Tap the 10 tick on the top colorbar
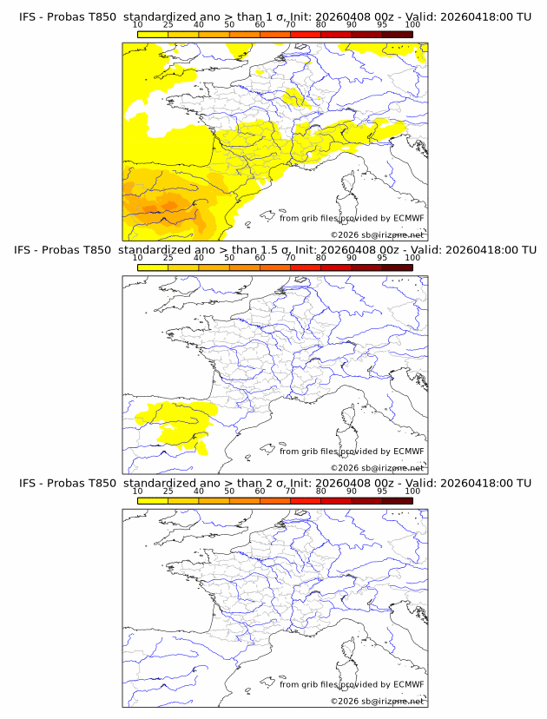coord(138,24)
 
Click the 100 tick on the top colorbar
coord(412,24)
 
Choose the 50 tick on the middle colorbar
coord(229,258)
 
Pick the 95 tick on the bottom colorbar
coord(382,491)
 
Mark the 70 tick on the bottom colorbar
coord(290,491)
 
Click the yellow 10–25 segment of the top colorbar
coord(153,34)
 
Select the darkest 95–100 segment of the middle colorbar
coord(397,267)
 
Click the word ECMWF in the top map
coord(408,218)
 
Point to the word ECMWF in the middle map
coord(408,452)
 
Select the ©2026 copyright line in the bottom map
coord(377,701)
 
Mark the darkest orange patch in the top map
coord(168,205)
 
